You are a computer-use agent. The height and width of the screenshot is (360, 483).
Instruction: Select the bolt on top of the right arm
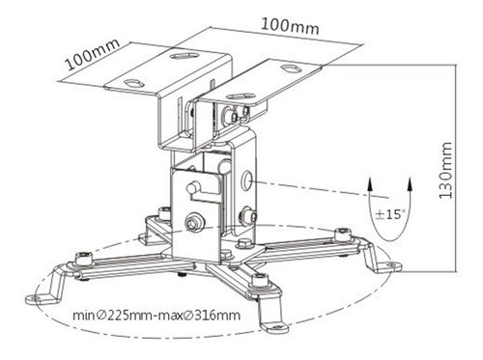click(340, 233)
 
